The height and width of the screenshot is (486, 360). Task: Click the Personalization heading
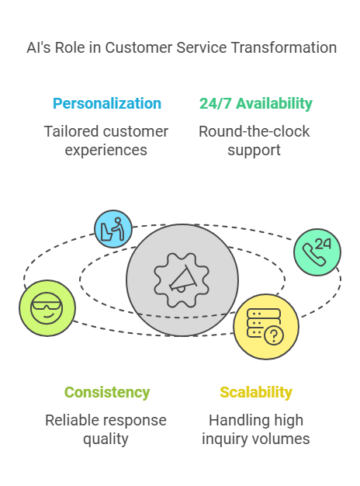click(x=107, y=103)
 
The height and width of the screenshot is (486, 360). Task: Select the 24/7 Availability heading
click(x=255, y=103)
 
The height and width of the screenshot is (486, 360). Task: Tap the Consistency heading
click(x=107, y=392)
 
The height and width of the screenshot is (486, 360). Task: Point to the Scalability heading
click(x=256, y=392)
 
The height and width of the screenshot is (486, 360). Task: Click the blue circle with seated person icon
click(x=113, y=229)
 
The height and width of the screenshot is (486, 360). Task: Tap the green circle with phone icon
click(x=317, y=252)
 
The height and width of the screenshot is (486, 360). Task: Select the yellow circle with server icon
click(x=266, y=327)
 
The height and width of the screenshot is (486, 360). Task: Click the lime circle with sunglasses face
click(x=47, y=308)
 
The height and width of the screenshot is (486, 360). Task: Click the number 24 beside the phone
click(x=323, y=244)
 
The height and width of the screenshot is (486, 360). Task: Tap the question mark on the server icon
click(x=274, y=335)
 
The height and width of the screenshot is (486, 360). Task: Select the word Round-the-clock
click(x=254, y=131)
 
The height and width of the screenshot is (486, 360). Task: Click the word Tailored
click(x=71, y=131)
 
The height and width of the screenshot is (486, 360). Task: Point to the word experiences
click(x=106, y=151)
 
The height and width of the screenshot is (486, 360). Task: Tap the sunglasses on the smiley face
click(x=47, y=305)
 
